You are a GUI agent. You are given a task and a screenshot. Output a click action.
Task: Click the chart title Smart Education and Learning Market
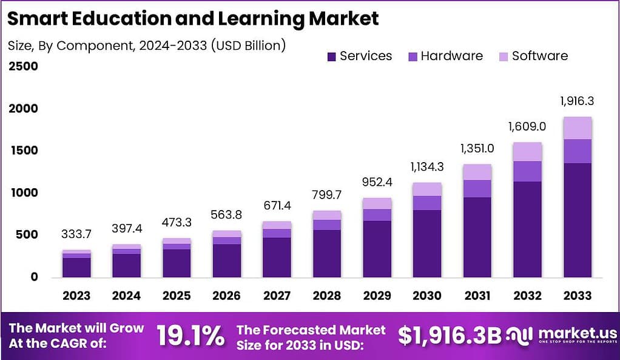(193, 18)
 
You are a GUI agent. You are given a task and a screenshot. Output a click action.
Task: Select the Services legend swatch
(331, 56)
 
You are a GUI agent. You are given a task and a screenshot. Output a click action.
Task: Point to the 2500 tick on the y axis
(23, 66)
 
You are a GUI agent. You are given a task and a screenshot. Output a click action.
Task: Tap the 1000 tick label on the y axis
(23, 192)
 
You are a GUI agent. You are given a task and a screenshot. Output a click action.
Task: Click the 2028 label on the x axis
(327, 296)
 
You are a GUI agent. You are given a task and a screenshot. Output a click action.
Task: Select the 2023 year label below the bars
(76, 296)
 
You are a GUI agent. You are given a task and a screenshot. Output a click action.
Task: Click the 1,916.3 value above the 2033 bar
(577, 100)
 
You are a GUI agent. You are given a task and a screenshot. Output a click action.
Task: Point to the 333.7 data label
(76, 234)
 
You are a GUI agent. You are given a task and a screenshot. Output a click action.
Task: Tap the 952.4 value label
(377, 182)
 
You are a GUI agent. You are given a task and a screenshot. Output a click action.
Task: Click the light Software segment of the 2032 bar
(527, 152)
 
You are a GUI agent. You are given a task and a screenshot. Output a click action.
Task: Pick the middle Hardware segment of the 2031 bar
(477, 189)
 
